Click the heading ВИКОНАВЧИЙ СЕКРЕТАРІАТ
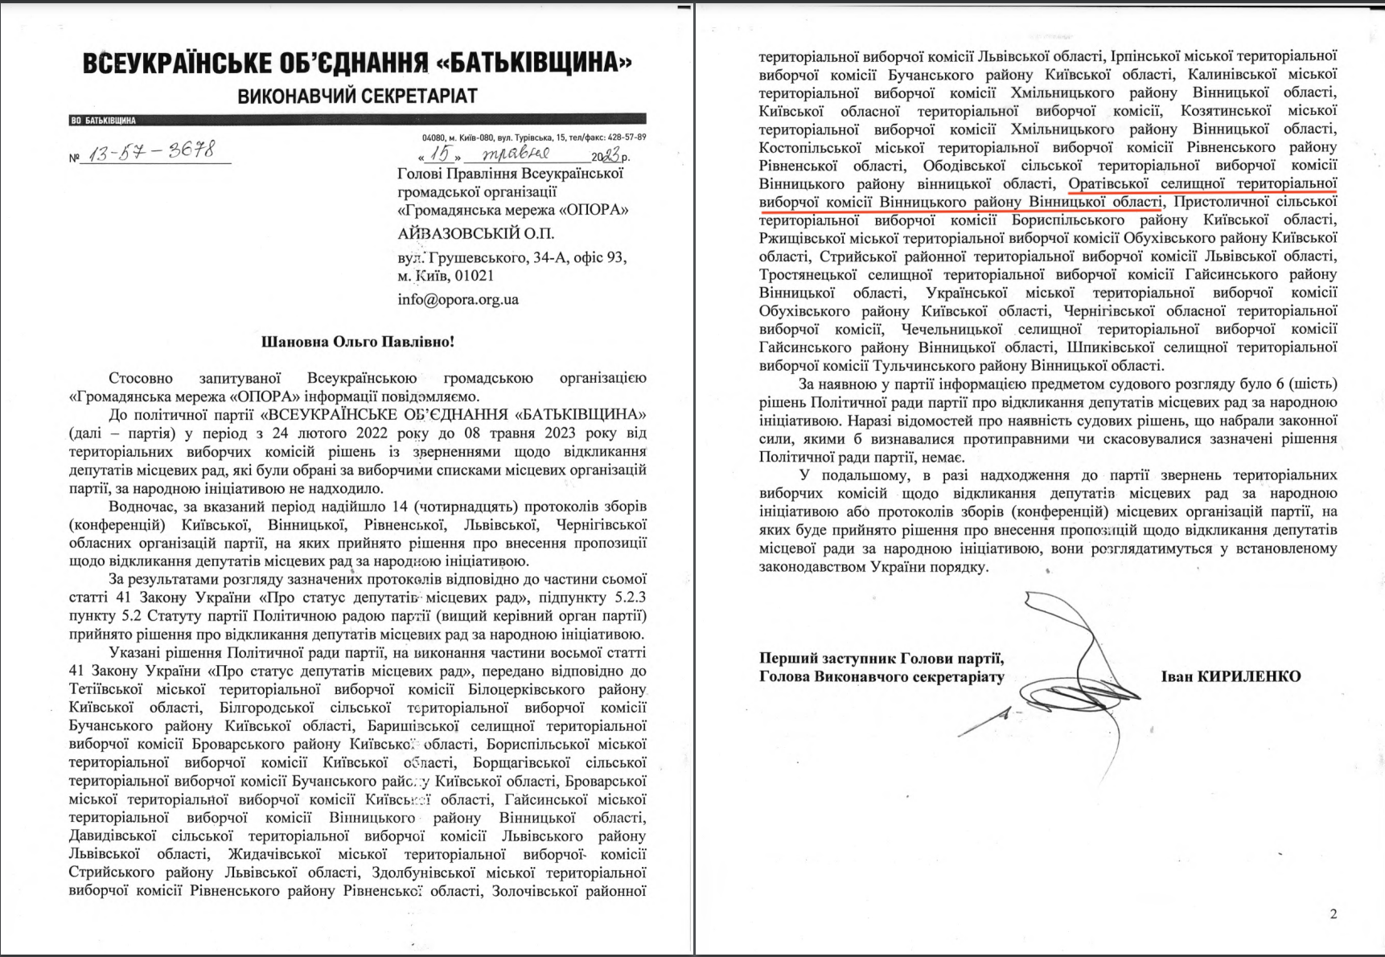(x=357, y=97)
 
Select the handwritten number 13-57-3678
(x=150, y=152)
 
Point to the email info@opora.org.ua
(x=458, y=299)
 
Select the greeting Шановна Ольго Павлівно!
(x=358, y=342)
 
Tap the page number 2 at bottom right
(x=1333, y=914)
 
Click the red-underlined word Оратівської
(x=1110, y=183)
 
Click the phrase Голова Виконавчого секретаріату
(x=882, y=676)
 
